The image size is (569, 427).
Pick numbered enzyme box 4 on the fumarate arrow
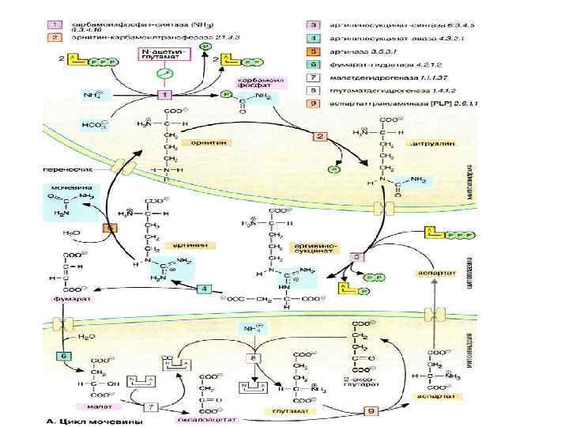[204, 290]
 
